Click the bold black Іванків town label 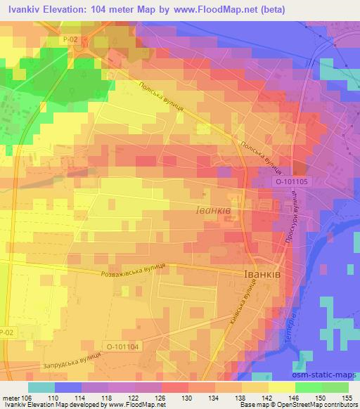click(262, 275)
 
